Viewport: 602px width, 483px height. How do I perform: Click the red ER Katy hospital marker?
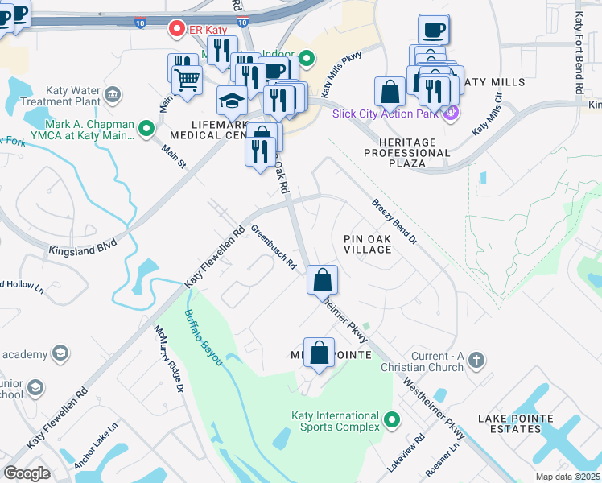(176, 29)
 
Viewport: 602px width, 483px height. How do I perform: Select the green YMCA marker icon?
(146, 128)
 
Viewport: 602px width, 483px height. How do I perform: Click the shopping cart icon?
(187, 80)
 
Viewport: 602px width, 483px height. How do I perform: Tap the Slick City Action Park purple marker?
(450, 113)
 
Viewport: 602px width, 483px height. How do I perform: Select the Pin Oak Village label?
(367, 244)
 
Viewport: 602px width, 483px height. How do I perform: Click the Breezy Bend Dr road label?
(395, 222)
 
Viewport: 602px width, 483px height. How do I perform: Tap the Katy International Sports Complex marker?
(392, 419)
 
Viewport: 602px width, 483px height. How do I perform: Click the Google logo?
(27, 473)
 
